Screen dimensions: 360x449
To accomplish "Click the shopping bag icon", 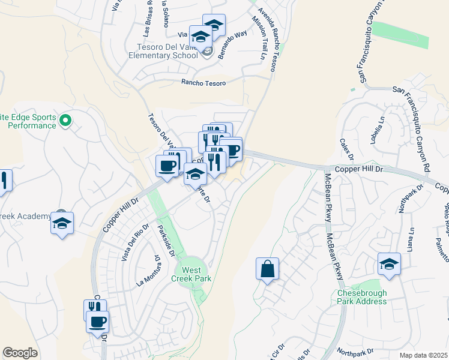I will coord(267,268).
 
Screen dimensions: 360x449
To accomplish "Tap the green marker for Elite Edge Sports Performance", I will coord(67,121).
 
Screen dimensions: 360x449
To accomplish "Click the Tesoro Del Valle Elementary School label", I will coord(163,52).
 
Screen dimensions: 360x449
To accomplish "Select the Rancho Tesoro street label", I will coord(203,83).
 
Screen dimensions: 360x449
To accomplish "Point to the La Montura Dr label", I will coord(149,271).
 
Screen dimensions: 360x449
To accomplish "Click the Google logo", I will coord(20,353).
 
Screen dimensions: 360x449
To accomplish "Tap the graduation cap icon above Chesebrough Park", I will coord(389,263).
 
